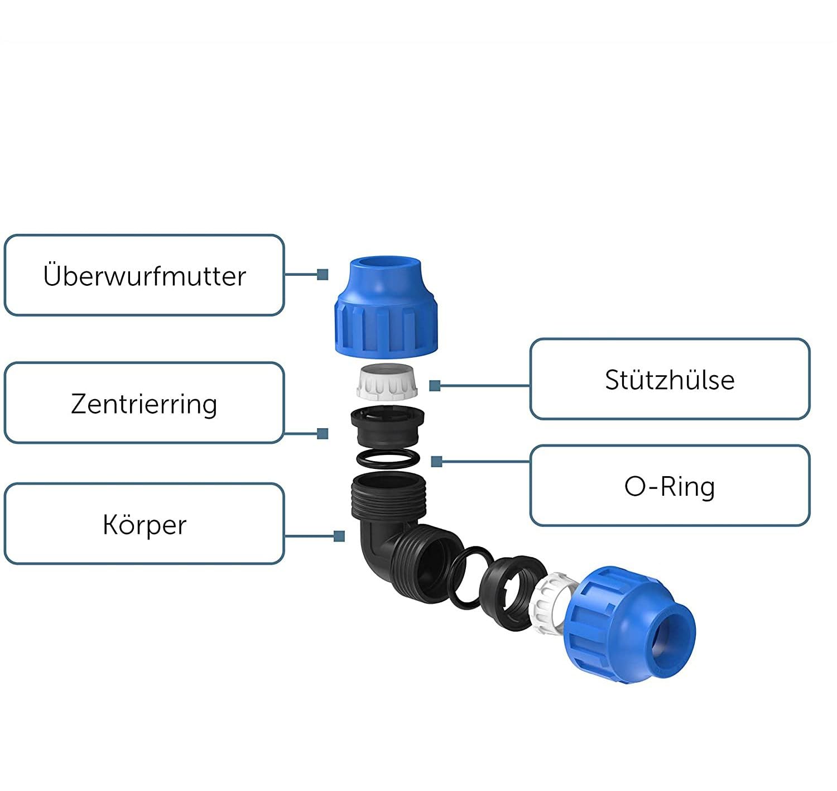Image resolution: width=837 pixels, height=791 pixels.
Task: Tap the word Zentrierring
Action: (144, 404)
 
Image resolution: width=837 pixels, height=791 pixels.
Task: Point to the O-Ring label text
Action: (670, 487)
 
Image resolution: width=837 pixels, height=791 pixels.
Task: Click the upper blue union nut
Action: (386, 307)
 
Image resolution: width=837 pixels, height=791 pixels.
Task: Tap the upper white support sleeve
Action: (387, 382)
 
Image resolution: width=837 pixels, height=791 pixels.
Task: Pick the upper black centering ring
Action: (387, 426)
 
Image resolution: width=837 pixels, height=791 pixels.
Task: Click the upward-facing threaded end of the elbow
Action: (388, 496)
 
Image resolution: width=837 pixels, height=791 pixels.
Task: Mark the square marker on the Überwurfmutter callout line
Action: (323, 275)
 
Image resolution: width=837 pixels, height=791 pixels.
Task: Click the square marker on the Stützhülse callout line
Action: (435, 385)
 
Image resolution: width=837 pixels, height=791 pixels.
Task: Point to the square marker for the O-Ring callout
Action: (436, 462)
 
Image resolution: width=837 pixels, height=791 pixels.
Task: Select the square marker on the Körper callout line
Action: (339, 536)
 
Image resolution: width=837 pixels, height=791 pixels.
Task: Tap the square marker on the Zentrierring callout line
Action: (323, 433)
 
